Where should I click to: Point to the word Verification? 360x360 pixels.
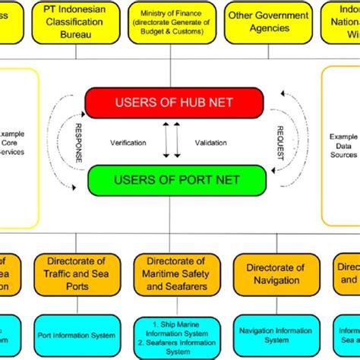click(128, 142)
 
